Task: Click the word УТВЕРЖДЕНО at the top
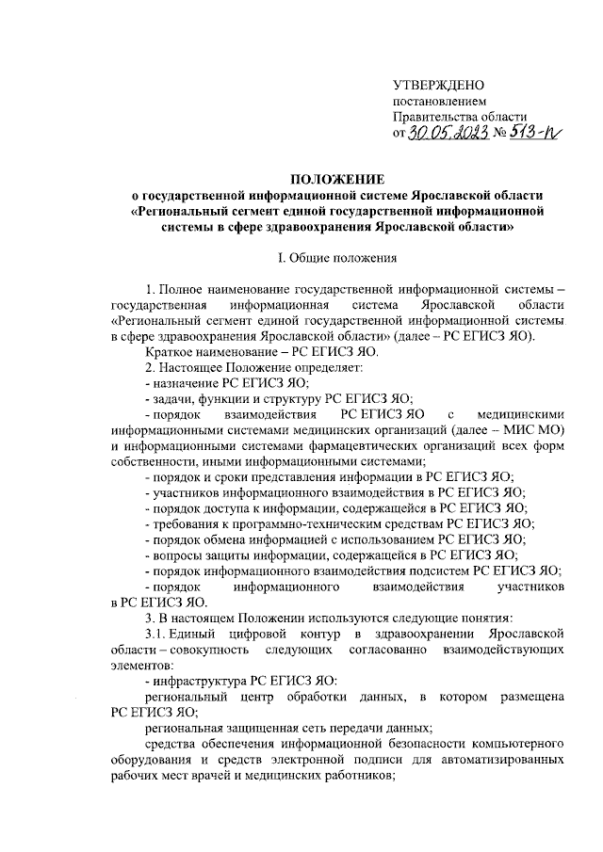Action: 439,85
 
